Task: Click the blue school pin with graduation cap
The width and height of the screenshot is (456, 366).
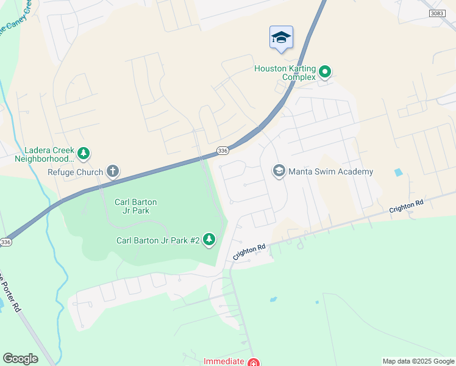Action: (281, 38)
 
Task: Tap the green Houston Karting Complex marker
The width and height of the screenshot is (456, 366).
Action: (325, 73)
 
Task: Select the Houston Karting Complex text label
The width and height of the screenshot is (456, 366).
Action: (285, 73)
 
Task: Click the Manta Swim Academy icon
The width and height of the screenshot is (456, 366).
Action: (279, 171)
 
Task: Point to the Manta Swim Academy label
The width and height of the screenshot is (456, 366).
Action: (330, 171)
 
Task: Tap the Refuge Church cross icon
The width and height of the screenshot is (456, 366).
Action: (112, 171)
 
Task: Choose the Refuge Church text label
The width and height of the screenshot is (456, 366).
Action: (76, 172)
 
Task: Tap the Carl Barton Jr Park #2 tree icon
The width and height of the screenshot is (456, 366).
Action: (209, 240)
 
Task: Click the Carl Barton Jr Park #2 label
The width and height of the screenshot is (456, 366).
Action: (158, 240)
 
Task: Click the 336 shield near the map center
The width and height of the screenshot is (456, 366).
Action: (223, 151)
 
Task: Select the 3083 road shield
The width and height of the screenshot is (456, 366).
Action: (436, 13)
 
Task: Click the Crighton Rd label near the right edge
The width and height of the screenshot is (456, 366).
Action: (406, 207)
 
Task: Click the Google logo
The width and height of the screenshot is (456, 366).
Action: (20, 359)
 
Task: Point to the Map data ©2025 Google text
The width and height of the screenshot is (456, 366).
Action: (418, 361)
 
